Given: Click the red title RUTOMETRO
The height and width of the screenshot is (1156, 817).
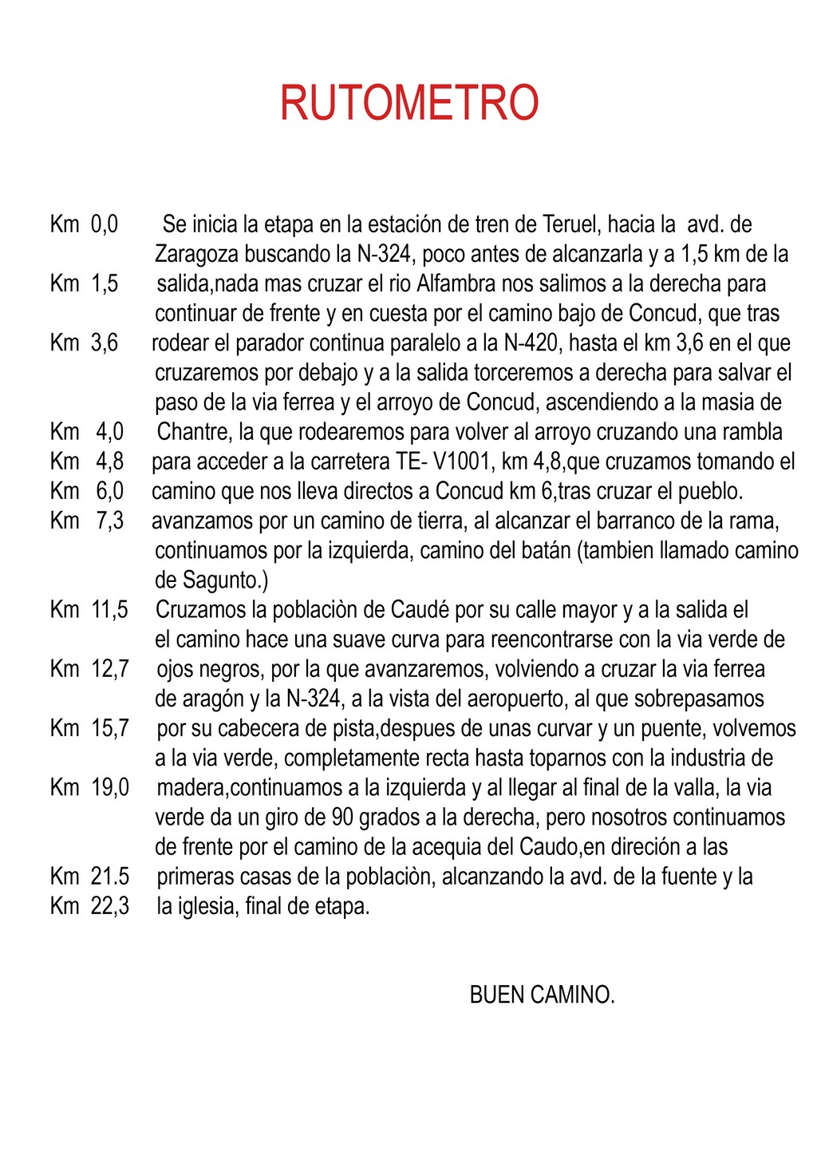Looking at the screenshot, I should tap(409, 103).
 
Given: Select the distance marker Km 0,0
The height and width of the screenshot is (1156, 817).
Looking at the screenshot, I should tap(84, 224).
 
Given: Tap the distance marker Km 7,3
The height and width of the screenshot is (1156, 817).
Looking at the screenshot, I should tap(87, 521).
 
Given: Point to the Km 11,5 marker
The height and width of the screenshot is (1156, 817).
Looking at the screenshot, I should tap(89, 610).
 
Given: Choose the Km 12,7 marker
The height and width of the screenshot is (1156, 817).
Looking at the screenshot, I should tap(89, 669).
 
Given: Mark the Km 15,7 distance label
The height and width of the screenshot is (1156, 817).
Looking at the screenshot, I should tap(89, 728).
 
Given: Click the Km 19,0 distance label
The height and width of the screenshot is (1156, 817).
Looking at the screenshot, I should tap(89, 788).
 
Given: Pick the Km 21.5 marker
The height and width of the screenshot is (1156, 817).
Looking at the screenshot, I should tap(89, 877).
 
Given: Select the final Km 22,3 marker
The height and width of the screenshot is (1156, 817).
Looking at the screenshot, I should tap(89, 906).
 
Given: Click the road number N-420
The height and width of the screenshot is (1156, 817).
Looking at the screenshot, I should tap(532, 343).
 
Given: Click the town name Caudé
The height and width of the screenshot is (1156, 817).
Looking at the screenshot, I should tap(416, 610).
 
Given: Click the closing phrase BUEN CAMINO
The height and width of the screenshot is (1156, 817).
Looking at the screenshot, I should tap(543, 996).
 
